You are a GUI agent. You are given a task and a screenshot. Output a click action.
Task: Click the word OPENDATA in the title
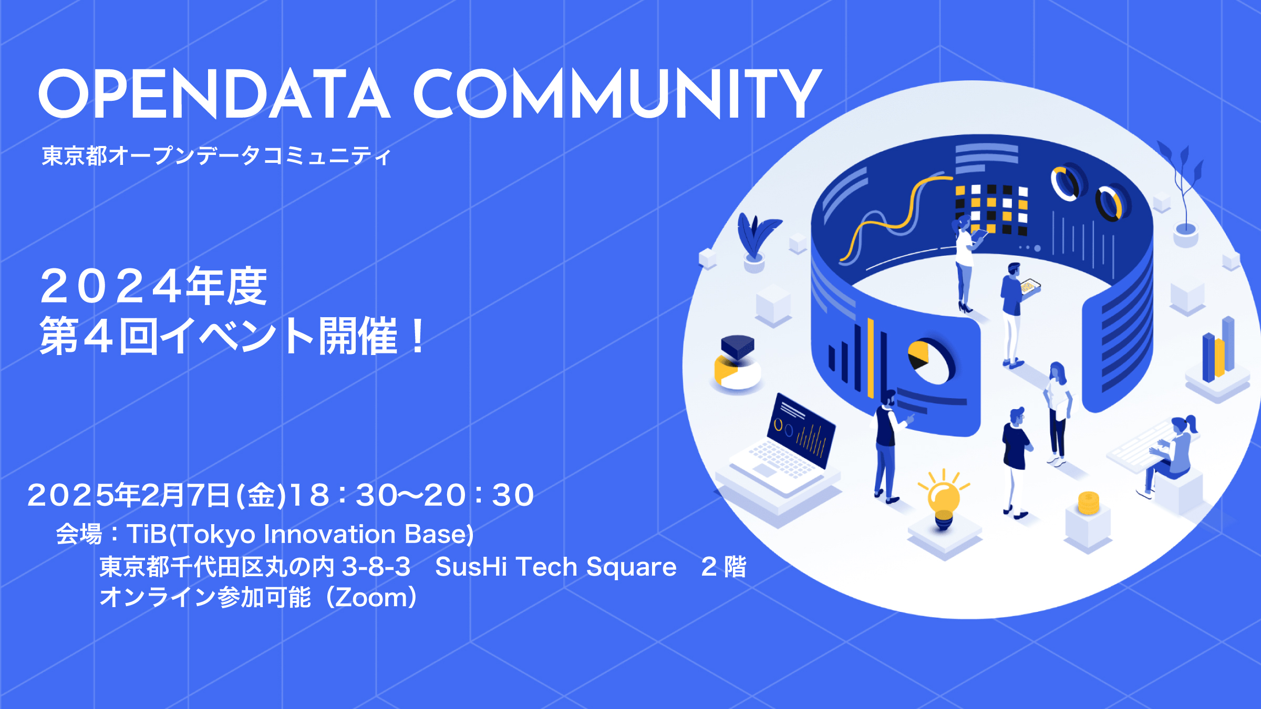214,95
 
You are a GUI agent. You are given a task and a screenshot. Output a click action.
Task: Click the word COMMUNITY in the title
618,95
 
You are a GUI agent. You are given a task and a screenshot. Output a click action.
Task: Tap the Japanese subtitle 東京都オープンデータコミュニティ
216,156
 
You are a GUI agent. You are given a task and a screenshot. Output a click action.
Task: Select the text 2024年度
153,286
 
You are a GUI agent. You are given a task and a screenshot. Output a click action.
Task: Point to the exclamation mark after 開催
418,336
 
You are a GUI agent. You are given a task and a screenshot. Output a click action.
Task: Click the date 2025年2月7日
129,495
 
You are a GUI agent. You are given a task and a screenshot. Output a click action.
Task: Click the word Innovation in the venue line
329,534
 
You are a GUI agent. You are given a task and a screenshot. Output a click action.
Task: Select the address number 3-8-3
376,567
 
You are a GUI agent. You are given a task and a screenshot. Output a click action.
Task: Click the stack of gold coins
1088,503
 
